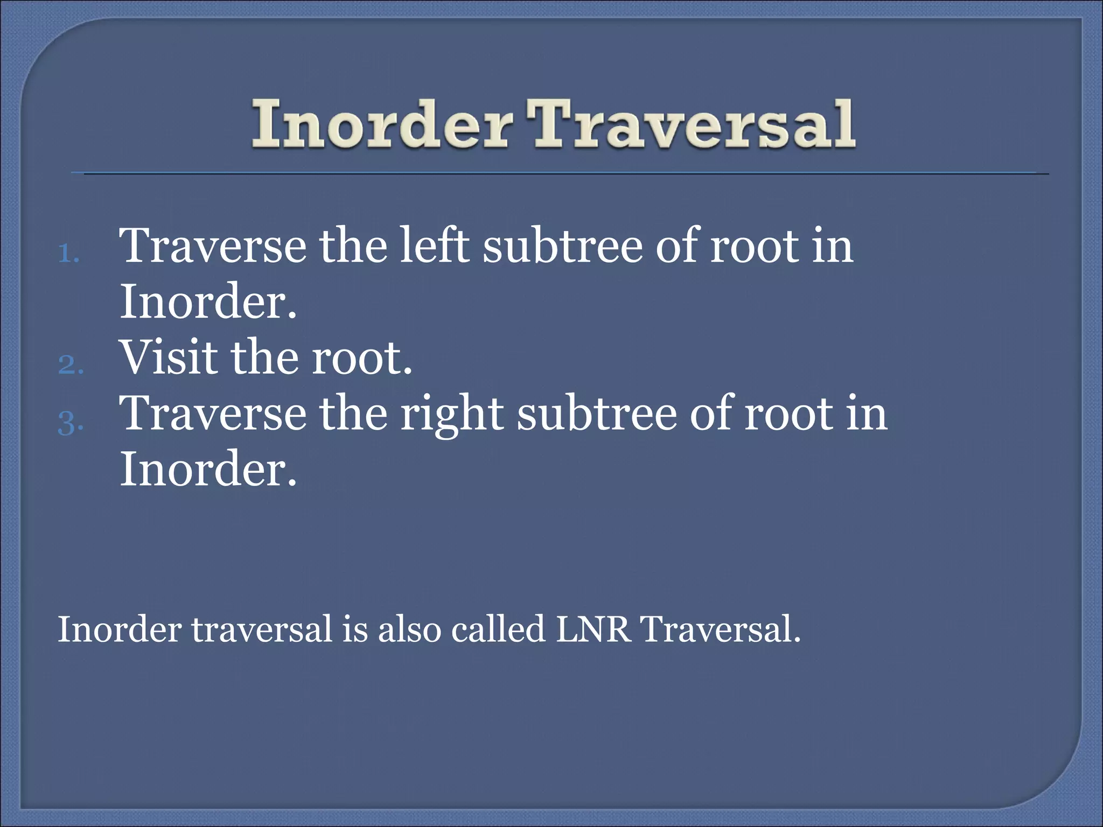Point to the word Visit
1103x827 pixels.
tap(169, 358)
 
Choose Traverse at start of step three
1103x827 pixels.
tap(212, 413)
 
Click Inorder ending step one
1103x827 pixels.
tap(208, 302)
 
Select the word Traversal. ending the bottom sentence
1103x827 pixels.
tap(721, 629)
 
